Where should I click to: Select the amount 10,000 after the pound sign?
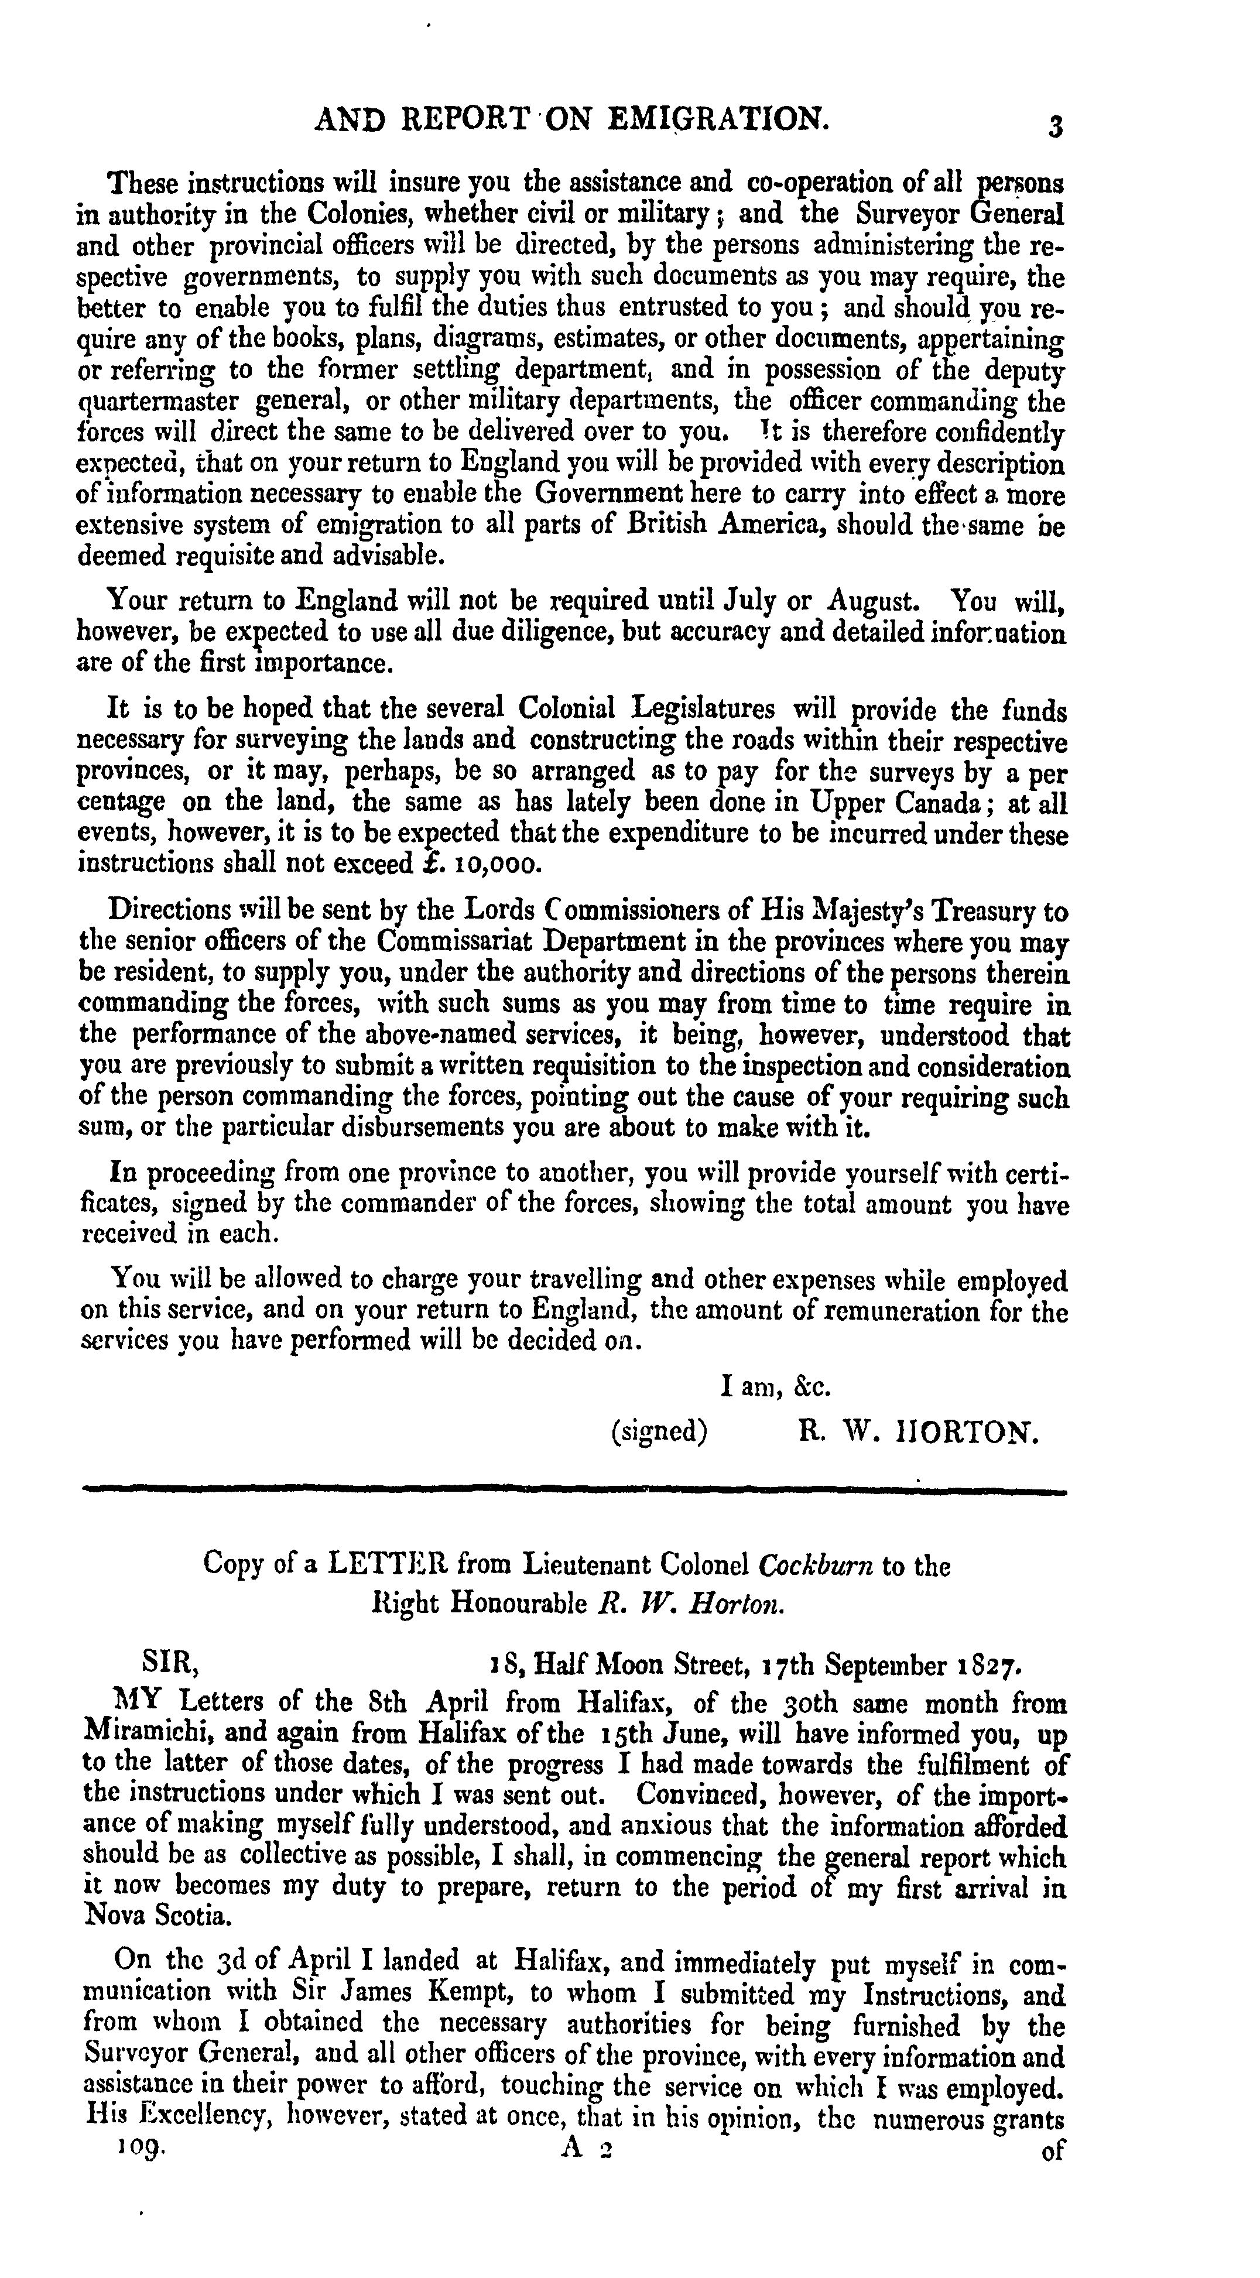click(x=495, y=864)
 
